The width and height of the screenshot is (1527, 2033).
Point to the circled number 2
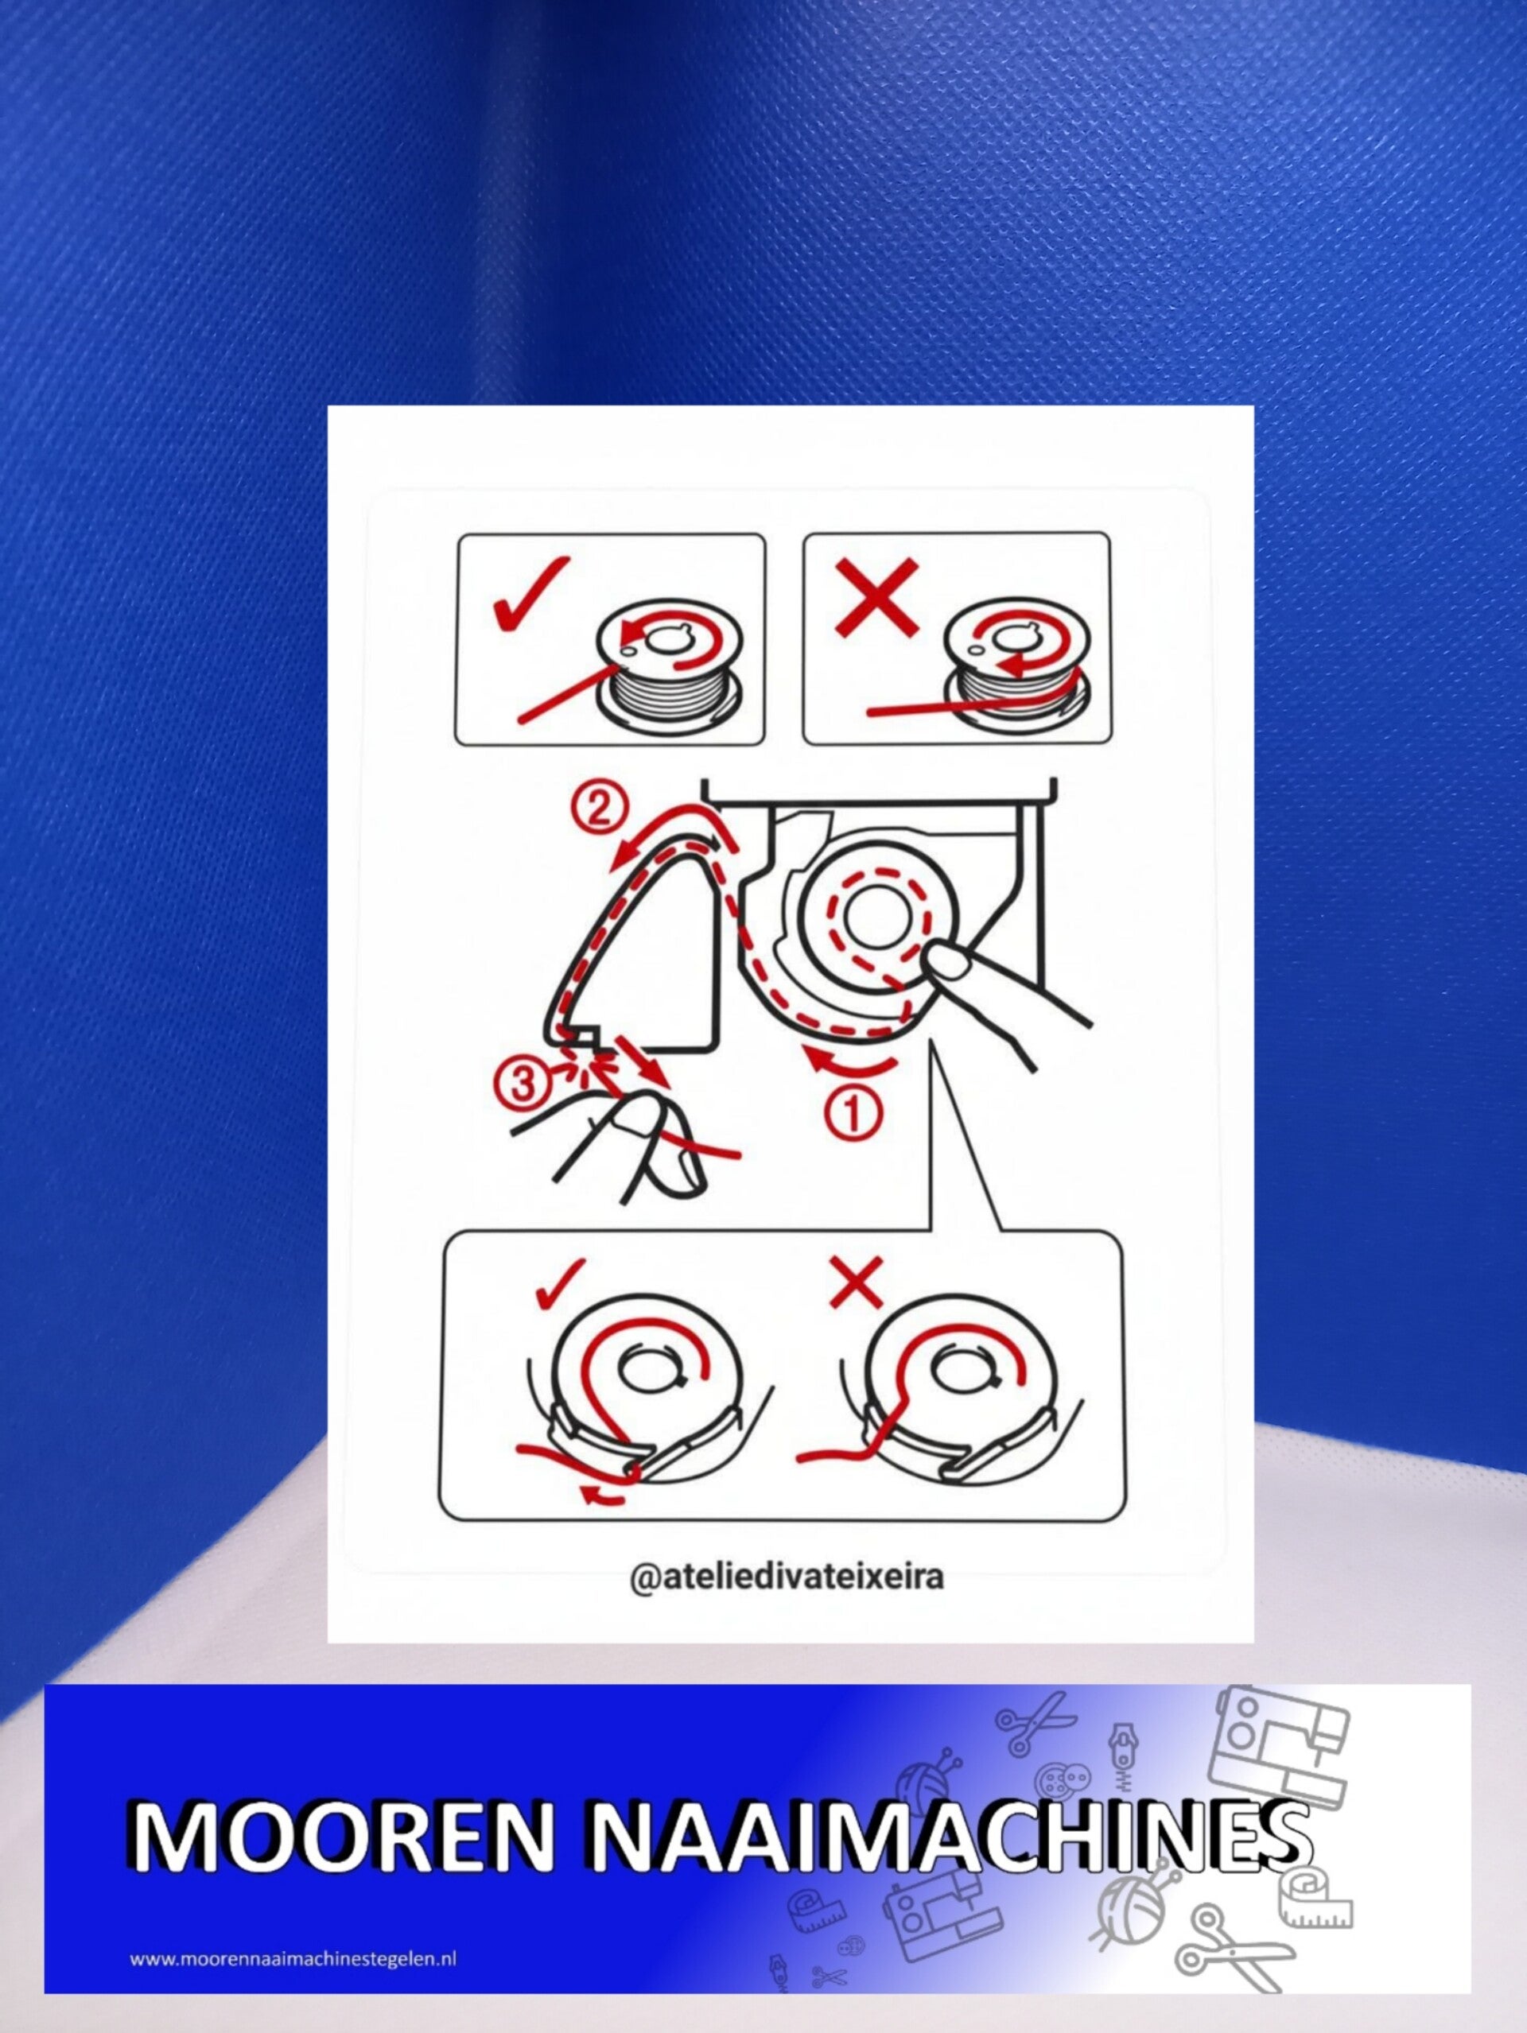click(599, 809)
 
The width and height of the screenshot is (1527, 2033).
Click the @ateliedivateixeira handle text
click(787, 1575)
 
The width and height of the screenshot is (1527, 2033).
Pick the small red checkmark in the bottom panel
click(558, 1283)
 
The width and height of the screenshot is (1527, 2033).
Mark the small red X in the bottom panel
click(855, 1282)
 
